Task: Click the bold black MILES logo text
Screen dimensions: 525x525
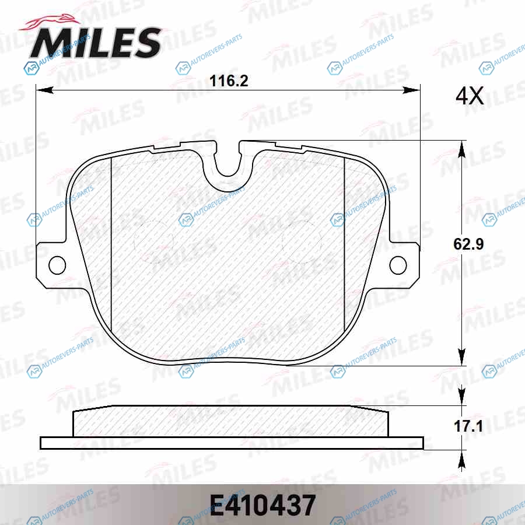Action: [x=96, y=43]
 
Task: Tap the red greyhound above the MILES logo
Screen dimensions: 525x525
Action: [x=50, y=24]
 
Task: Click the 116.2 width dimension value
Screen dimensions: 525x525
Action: [x=229, y=81]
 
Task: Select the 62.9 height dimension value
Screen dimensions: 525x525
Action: [x=468, y=244]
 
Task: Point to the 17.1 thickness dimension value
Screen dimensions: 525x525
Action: [x=468, y=426]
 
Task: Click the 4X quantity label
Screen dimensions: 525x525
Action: [x=470, y=96]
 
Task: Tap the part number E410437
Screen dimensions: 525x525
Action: [x=262, y=506]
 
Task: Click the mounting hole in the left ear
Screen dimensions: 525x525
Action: [x=57, y=265]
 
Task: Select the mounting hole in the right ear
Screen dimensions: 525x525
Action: [x=398, y=265]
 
